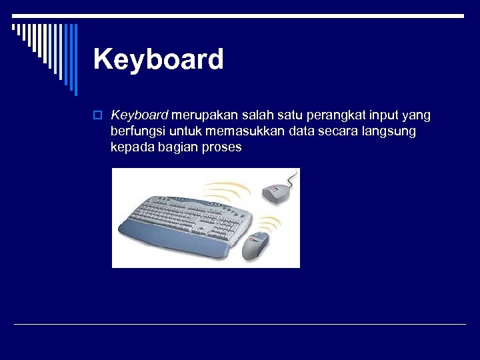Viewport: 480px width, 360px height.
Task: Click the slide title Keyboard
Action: (159, 59)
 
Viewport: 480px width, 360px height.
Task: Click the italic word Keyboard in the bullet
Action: (140, 116)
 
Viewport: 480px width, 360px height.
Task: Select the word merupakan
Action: (203, 116)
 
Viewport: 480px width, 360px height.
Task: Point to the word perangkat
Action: (333, 116)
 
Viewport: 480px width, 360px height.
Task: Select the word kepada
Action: (132, 148)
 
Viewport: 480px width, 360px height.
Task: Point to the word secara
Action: (341, 132)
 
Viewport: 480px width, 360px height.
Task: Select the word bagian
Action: (179, 148)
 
